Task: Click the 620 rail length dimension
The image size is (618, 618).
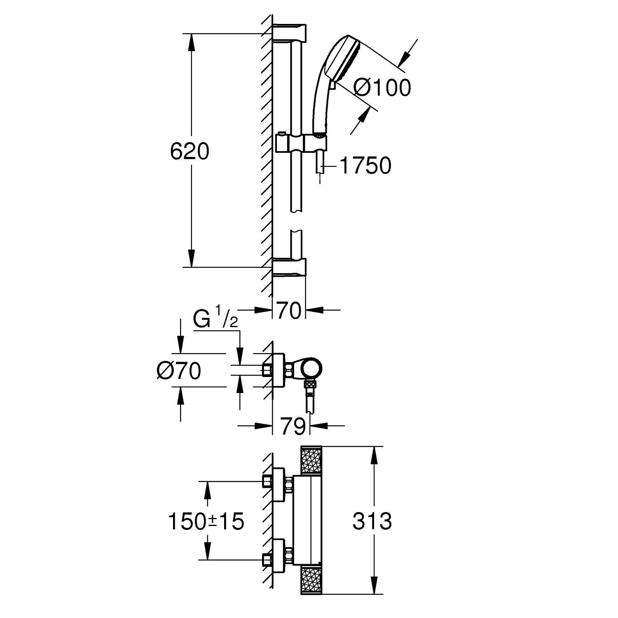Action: pyautogui.click(x=190, y=152)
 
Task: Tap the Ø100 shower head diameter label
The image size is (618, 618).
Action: pyautogui.click(x=382, y=88)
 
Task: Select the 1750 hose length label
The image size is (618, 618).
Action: pyautogui.click(x=365, y=166)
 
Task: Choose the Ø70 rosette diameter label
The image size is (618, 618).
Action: pyautogui.click(x=179, y=371)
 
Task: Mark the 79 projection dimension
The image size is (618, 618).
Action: pyautogui.click(x=293, y=426)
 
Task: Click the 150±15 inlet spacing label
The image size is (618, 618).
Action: pyautogui.click(x=206, y=522)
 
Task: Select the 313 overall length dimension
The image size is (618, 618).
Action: pyautogui.click(x=372, y=522)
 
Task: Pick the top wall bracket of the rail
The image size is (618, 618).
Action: pyautogui.click(x=289, y=33)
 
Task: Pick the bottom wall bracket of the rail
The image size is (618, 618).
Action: pyautogui.click(x=289, y=267)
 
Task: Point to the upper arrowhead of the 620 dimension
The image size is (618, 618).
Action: pyautogui.click(x=191, y=41)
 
